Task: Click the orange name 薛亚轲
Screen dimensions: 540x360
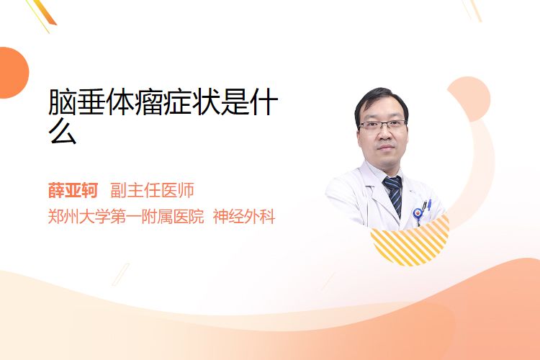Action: pyautogui.click(x=73, y=191)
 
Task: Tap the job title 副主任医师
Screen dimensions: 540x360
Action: pyautogui.click(x=152, y=191)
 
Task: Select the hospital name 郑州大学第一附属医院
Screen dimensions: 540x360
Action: pyautogui.click(x=126, y=217)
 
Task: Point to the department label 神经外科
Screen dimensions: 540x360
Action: pyautogui.click(x=244, y=217)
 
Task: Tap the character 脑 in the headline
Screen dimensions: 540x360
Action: pyautogui.click(x=63, y=102)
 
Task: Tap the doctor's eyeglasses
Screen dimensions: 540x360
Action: pyautogui.click(x=382, y=125)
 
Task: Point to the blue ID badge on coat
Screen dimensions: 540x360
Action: pyautogui.click(x=418, y=214)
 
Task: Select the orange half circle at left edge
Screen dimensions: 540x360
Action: pyautogui.click(x=14, y=73)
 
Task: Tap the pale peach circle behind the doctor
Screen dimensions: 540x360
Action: pyautogui.click(x=469, y=99)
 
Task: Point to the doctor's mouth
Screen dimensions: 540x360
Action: pyautogui.click(x=385, y=148)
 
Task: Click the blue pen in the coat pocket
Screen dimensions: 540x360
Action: pyautogui.click(x=429, y=204)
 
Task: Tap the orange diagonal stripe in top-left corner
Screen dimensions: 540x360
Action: pyautogui.click(x=45, y=12)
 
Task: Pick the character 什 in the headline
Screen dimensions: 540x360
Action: pyautogui.click(x=264, y=102)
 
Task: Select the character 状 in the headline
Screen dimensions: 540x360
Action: pyautogui.click(x=206, y=102)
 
